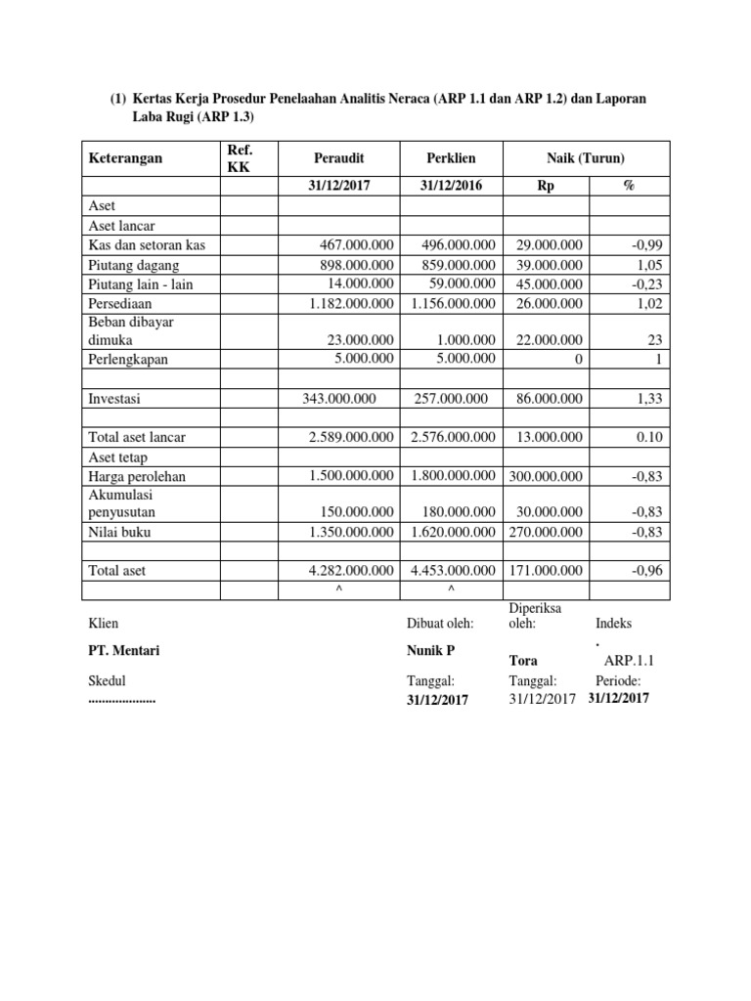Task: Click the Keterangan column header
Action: [126, 157]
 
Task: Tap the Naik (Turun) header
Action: [586, 157]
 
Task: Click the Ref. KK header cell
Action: [239, 157]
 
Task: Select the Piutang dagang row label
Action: [134, 265]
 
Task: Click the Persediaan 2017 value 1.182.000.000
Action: [351, 303]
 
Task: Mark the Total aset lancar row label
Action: [138, 437]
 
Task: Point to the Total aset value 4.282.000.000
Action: [351, 570]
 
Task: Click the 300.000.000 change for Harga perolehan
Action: [545, 476]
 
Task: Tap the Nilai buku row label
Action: [121, 532]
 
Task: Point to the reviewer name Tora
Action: [523, 660]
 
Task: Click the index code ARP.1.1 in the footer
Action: [629, 660]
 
